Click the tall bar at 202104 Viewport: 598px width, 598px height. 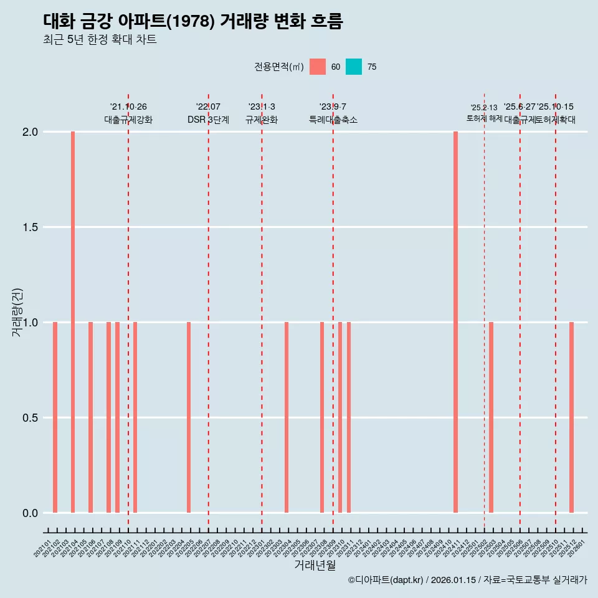[73, 322]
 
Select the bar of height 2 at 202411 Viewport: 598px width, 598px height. [455, 322]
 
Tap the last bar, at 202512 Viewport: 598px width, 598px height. [571, 417]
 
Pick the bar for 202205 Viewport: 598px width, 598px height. [189, 417]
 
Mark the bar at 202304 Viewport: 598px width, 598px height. [287, 417]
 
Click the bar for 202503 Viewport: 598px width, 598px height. [491, 417]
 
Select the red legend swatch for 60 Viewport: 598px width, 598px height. [318, 67]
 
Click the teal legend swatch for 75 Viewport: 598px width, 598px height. [354, 67]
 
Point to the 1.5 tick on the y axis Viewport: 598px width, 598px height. [31, 227]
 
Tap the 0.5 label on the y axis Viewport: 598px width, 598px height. [31, 418]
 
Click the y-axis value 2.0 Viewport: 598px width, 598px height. [31, 132]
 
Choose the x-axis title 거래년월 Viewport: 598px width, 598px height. [315, 566]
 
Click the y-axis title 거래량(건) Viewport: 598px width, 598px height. [17, 312]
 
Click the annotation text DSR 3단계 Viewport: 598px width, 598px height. [208, 120]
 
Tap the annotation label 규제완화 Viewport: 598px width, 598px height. [262, 120]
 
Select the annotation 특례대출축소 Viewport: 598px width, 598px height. [333, 120]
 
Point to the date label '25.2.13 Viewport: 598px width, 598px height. [484, 108]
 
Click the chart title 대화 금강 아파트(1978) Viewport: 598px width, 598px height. [193, 21]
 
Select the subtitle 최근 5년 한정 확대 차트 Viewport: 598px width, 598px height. [100, 40]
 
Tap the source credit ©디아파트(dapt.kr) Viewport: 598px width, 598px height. [386, 580]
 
